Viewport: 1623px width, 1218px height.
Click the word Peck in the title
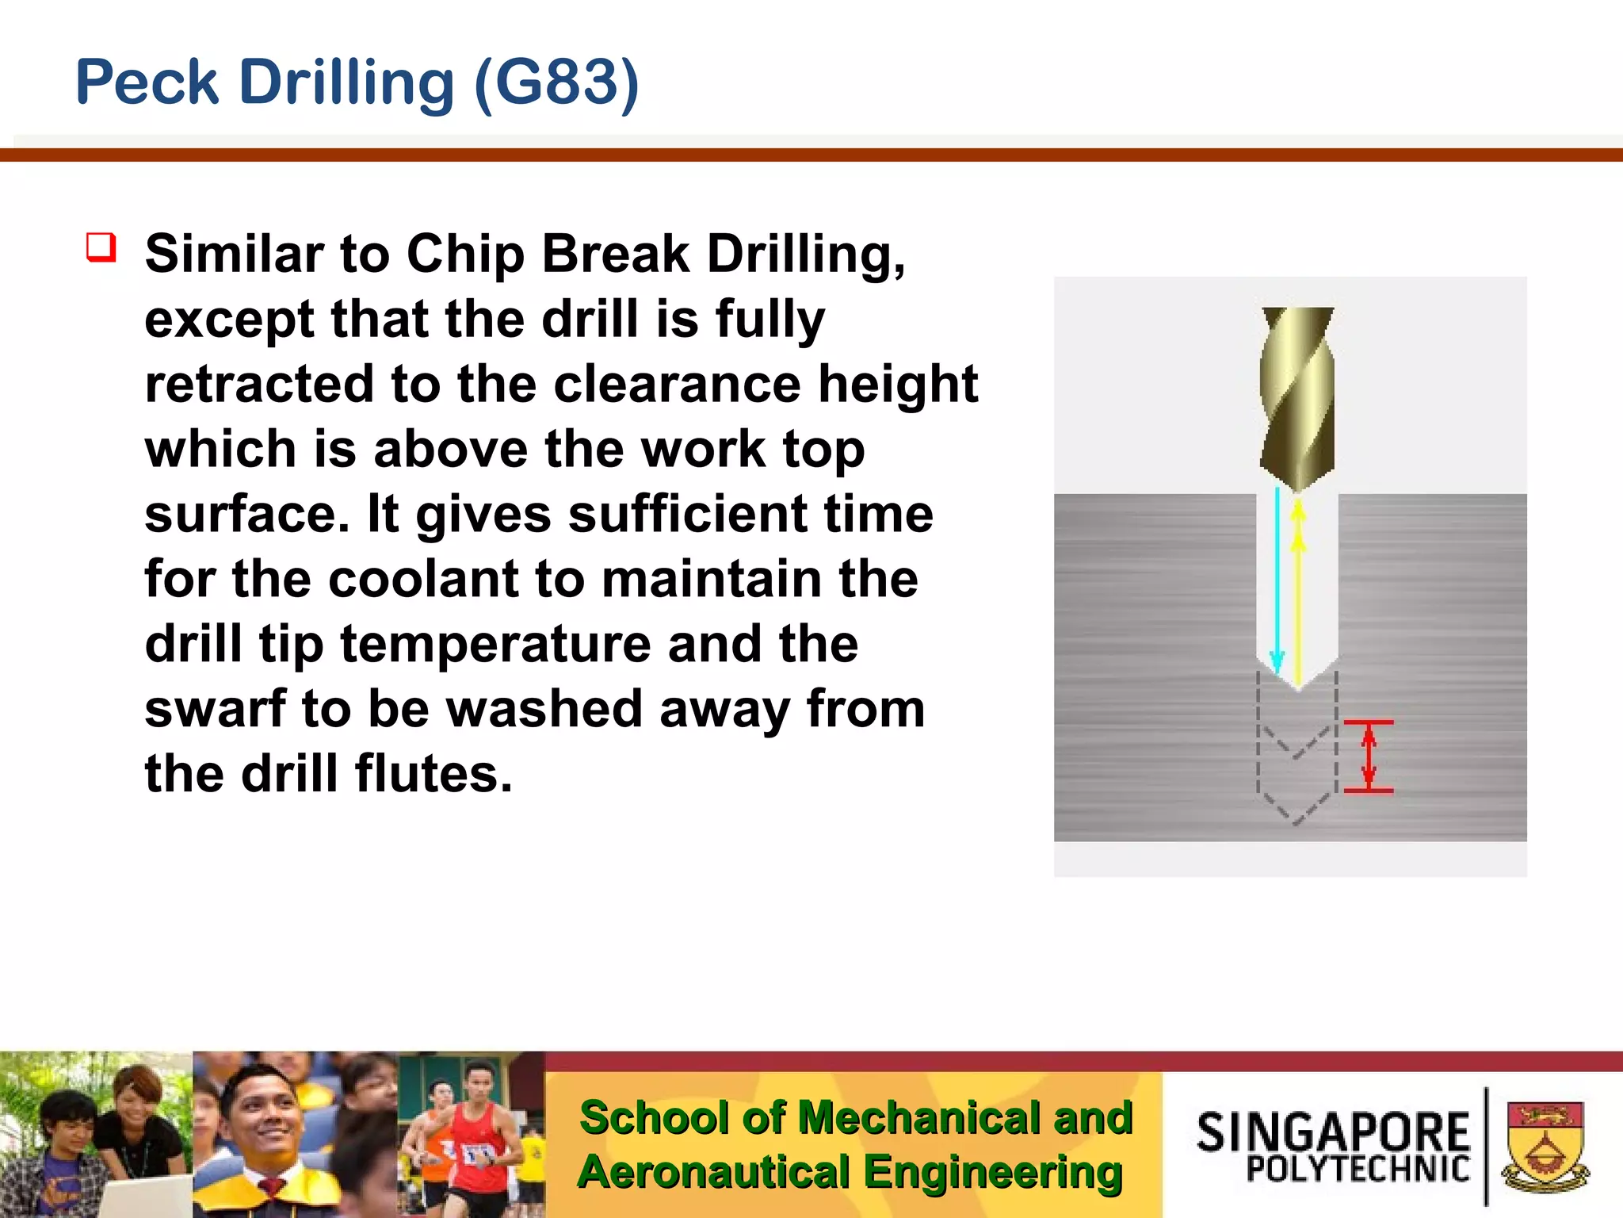click(147, 82)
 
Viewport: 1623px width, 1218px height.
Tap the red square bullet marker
click(101, 247)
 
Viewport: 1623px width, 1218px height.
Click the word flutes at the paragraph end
click(433, 774)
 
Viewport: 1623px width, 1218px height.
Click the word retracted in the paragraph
click(258, 385)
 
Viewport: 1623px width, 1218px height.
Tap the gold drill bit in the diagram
click(1297, 396)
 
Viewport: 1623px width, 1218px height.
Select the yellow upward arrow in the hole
click(1298, 591)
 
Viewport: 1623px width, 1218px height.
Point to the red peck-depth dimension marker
click(1369, 756)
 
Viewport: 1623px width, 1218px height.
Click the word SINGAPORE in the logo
click(1333, 1132)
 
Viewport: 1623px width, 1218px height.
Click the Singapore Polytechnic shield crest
click(1546, 1146)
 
